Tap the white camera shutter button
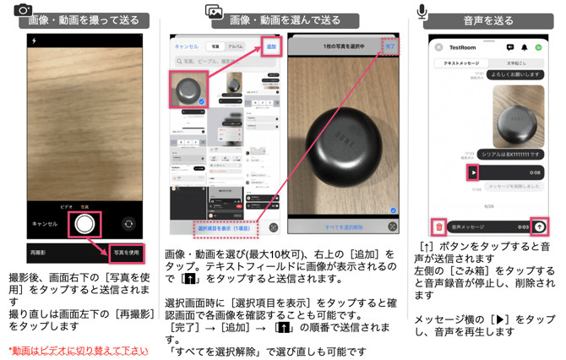pos(84,224)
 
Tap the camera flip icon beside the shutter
pos(128,224)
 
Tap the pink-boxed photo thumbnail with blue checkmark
pos(189,88)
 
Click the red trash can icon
pos(438,226)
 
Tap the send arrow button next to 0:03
pos(539,226)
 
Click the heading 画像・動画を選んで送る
pos(285,19)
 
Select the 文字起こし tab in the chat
pos(517,63)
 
